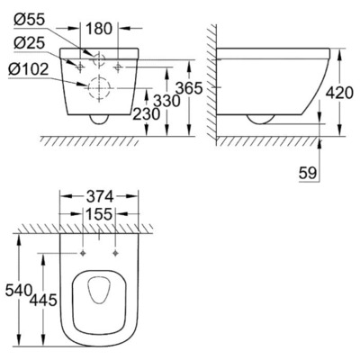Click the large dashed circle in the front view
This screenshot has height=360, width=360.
tap(97, 88)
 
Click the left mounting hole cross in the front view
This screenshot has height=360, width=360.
tap(79, 67)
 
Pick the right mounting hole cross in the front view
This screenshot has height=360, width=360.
tap(120, 67)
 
